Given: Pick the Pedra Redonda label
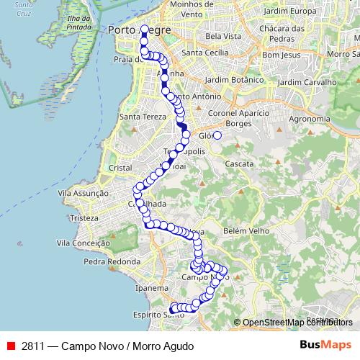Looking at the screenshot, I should tap(110, 261).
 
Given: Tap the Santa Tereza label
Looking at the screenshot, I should tap(140, 116).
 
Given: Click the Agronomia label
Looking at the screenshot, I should tap(309, 119).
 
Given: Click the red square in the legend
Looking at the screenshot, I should tap(11, 346).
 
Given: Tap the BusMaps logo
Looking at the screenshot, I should tap(326, 346).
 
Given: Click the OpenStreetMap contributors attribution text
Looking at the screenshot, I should tap(297, 323).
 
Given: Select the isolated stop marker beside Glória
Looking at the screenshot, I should tap(217, 135).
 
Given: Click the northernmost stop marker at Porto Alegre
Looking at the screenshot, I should tap(145, 30).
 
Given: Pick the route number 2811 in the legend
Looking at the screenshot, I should tap(33, 346).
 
